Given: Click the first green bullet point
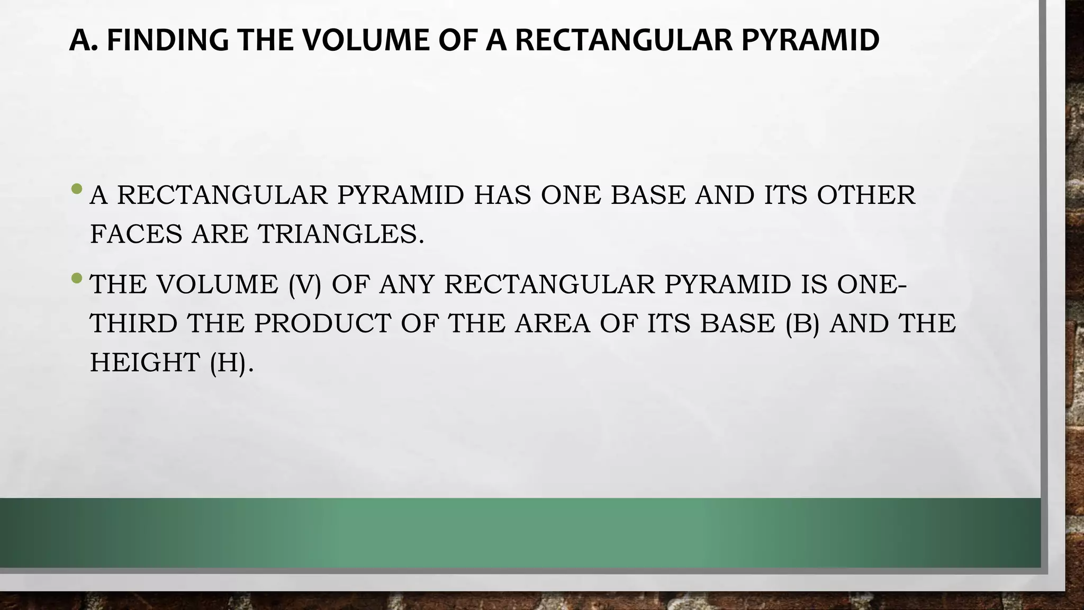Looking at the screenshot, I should pos(77,189).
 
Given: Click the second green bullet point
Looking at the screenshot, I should pos(77,277).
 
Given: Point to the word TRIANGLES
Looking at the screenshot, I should pos(341,234).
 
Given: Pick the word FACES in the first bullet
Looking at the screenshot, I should pos(136,234).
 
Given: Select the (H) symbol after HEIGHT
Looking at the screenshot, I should pos(228,363).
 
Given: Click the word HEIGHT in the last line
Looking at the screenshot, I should pos(144,363).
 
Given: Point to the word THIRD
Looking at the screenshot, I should pos(133,324).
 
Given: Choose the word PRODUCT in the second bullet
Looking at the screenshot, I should pos(322,324).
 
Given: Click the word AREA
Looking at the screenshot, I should pos(552,324).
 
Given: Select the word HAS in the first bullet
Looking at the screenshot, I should pos(502,195).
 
